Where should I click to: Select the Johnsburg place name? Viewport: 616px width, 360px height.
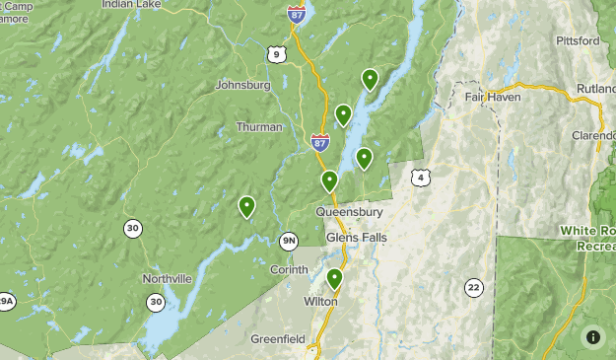[x=241, y=85]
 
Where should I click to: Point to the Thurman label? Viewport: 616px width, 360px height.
[x=259, y=127]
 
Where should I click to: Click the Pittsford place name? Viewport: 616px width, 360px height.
[x=577, y=41]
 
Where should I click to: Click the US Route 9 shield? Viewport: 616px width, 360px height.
[x=276, y=53]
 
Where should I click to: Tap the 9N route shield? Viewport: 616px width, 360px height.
[x=289, y=240]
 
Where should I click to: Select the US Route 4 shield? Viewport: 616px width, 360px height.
[x=421, y=178]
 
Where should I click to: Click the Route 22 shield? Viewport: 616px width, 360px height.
[x=474, y=287]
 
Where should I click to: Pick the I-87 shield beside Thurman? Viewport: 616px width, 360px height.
[x=319, y=143]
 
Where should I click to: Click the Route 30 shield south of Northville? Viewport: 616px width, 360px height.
[x=156, y=302]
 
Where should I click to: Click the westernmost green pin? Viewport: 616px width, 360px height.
[x=246, y=206]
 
